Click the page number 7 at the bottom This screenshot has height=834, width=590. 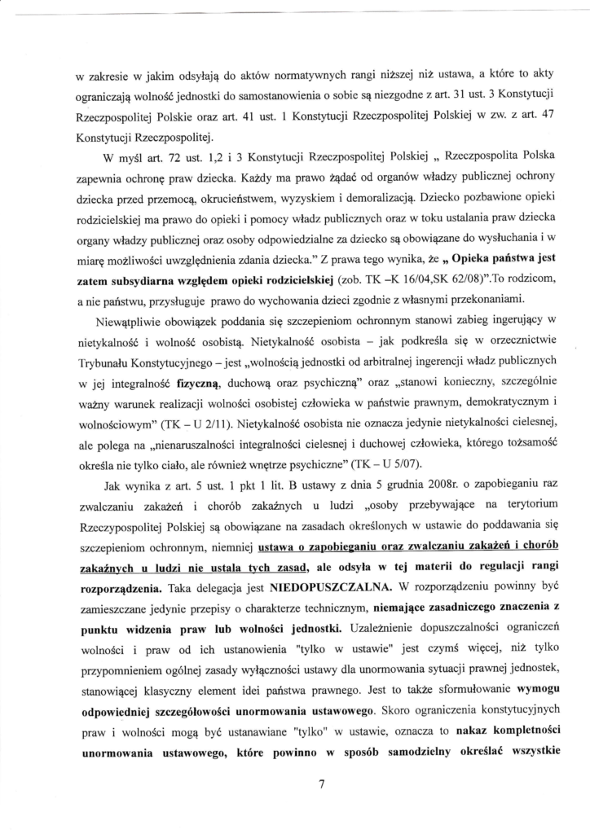(322, 785)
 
